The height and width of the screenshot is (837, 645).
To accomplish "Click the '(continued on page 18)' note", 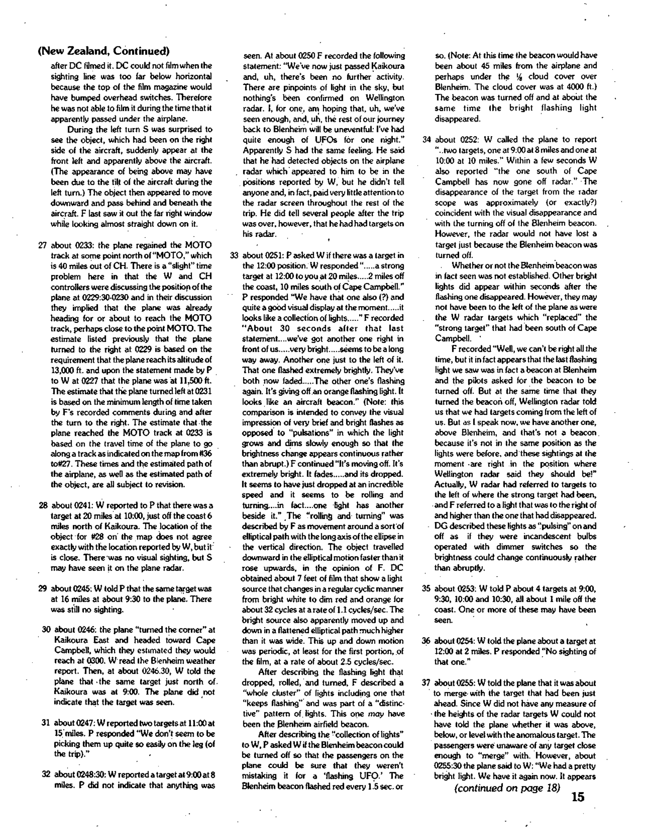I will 507,788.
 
